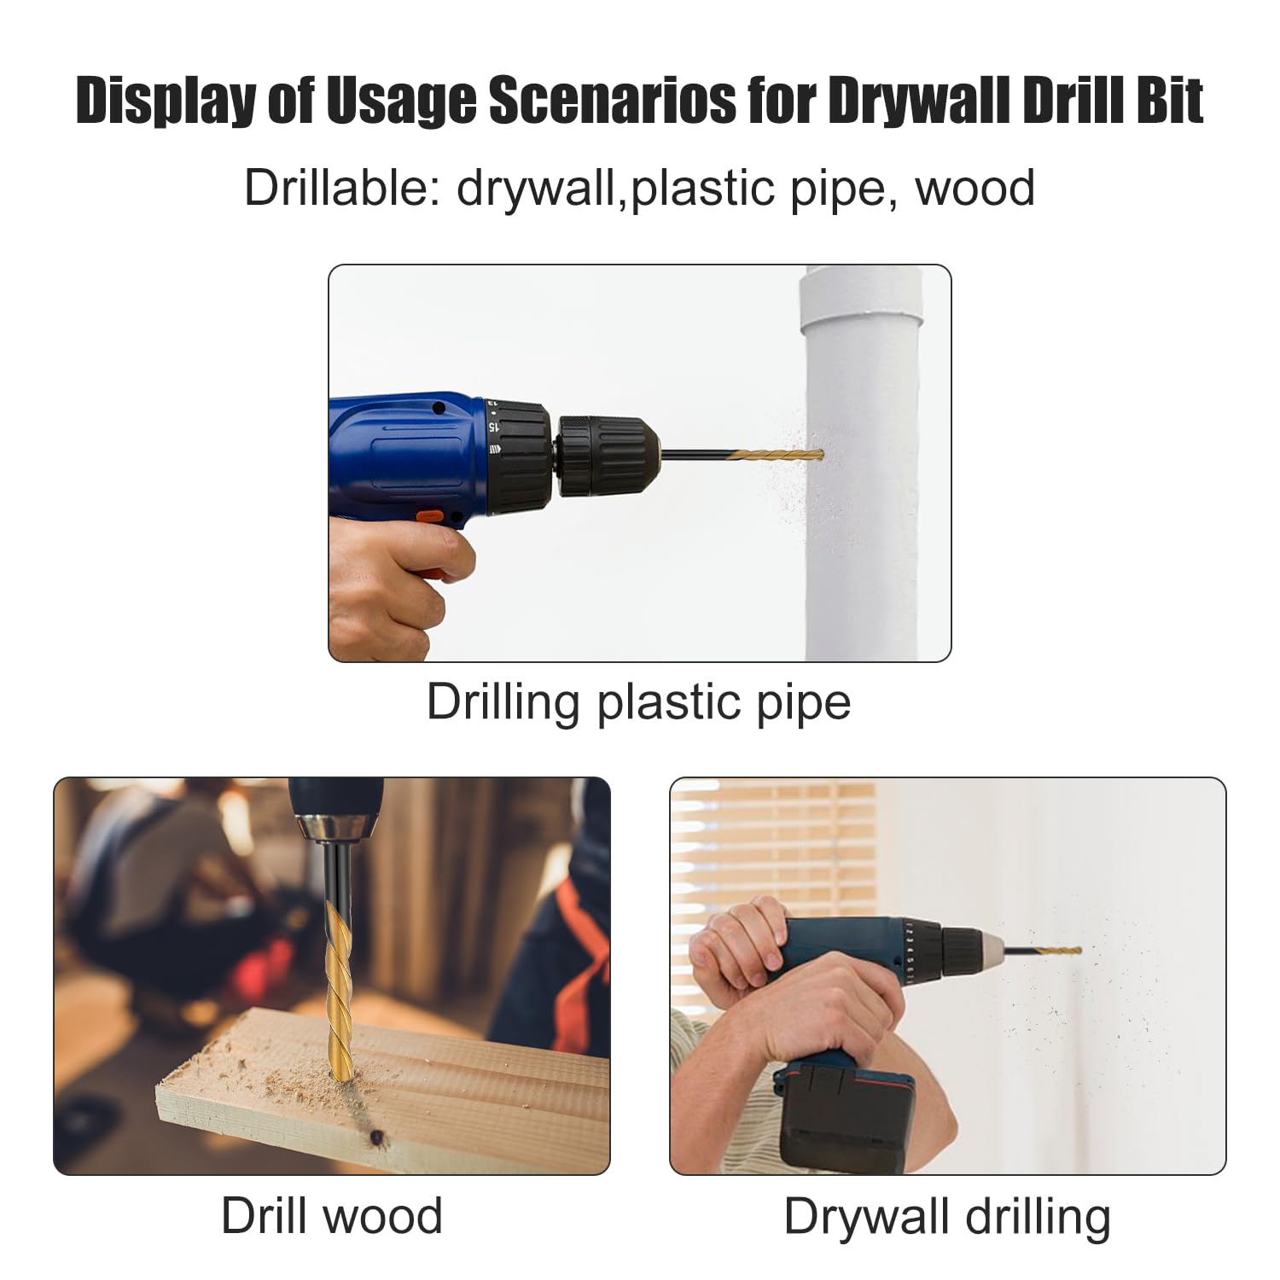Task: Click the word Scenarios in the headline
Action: [x=611, y=102]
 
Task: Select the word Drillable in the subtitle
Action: [x=341, y=188]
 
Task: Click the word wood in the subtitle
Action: [x=975, y=189]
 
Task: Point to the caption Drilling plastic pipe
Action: [x=639, y=703]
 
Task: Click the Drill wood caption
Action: [x=332, y=1215]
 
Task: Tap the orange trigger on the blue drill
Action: [x=429, y=517]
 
